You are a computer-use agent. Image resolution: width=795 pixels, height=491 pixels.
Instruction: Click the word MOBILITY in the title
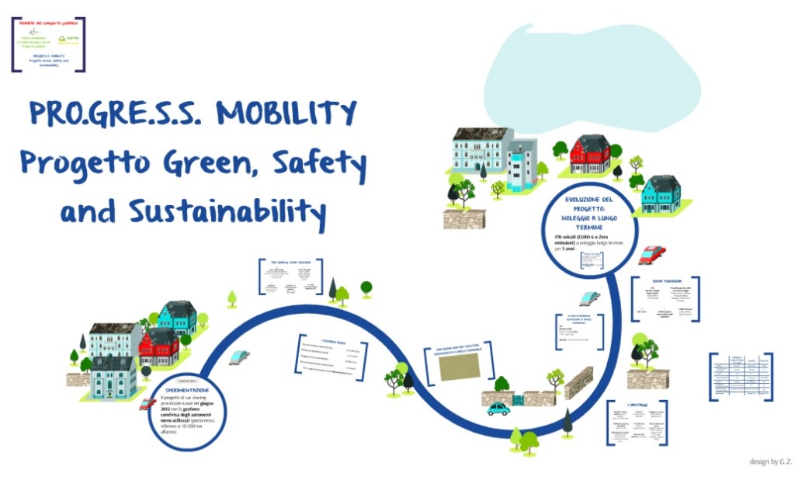tap(286, 113)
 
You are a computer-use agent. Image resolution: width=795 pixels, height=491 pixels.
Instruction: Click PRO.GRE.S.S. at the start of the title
tap(115, 113)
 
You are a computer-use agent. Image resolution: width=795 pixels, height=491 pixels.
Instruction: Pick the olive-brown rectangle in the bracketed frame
tap(459, 367)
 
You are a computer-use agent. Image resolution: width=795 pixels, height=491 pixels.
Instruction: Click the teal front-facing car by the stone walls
tap(498, 409)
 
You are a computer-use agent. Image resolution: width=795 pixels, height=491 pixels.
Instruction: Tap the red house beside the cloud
tap(590, 155)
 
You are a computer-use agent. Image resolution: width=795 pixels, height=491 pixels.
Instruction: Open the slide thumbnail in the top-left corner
tap(48, 44)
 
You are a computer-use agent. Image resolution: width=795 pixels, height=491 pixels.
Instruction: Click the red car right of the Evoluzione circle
tap(652, 255)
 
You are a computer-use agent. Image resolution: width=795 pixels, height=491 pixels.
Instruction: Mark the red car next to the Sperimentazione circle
tap(147, 404)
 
